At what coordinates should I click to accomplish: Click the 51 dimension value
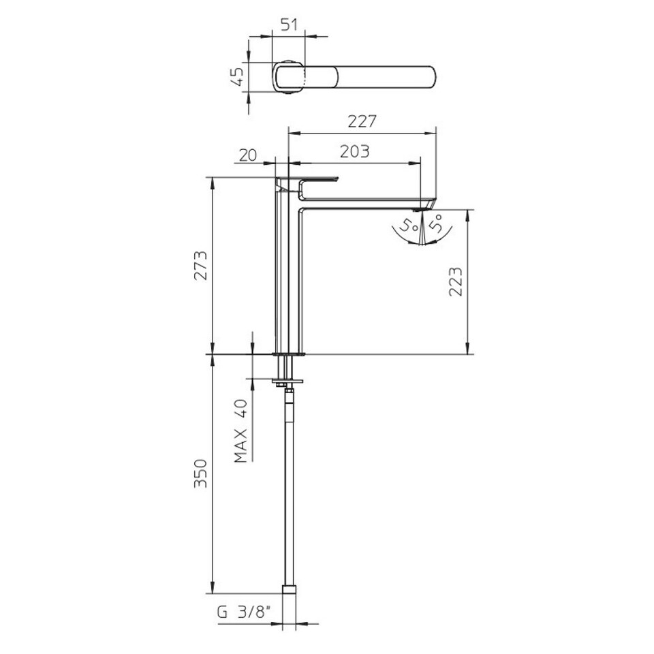pos(289,25)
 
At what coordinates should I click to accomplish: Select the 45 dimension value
pos(237,77)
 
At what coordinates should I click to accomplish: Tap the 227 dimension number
pos(362,121)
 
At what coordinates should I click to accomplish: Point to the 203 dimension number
pos(354,151)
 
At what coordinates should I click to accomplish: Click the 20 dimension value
pos(248,155)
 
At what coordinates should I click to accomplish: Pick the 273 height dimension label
pos(200,265)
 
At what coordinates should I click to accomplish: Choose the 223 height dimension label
pos(456,281)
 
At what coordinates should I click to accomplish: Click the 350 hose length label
pos(200,473)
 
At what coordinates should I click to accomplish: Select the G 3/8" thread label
pos(244,612)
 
